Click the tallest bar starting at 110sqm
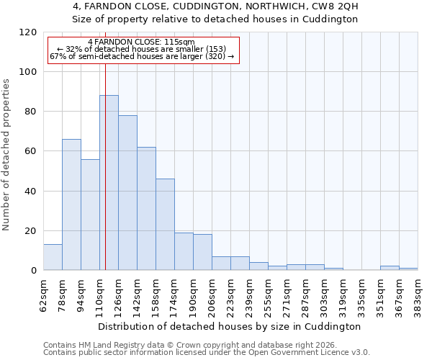pyautogui.click(x=109, y=183)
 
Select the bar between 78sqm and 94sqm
pyautogui.click(x=71, y=204)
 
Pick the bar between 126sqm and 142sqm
pyautogui.click(x=127, y=193)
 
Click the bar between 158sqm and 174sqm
pyautogui.click(x=165, y=225)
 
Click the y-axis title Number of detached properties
pyautogui.click(x=7, y=155)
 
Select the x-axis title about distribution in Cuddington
pyautogui.click(x=230, y=326)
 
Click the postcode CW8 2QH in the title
pyautogui.click(x=332, y=6)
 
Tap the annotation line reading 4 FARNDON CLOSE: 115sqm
pyautogui.click(x=141, y=42)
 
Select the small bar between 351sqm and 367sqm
pyautogui.click(x=390, y=268)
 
